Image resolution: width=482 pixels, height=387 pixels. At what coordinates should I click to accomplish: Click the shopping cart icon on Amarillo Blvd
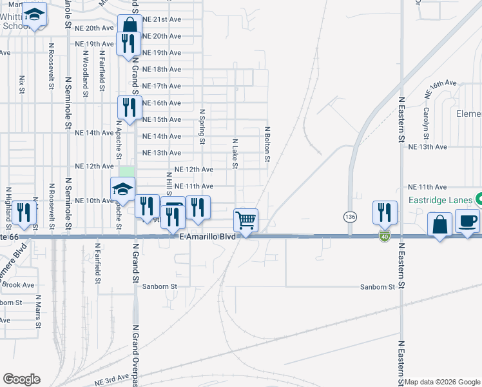246,220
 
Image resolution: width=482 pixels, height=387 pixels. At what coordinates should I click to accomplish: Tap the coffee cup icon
468,221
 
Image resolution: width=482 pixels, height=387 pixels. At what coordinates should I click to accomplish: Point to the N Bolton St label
267,144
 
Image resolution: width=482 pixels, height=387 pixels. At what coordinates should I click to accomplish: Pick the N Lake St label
235,154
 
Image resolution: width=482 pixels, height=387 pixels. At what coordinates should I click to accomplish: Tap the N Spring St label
202,126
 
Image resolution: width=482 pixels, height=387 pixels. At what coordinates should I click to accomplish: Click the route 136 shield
349,215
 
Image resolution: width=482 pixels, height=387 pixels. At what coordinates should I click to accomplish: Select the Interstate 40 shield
384,237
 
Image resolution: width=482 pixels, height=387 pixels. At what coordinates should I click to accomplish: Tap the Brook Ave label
19,284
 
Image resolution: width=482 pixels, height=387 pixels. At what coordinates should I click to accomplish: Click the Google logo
21,379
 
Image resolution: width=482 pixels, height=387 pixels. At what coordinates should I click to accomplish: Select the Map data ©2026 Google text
442,382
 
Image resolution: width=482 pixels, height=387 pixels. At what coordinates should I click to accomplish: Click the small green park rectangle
127,172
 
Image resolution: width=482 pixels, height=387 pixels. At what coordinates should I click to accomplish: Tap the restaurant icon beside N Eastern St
385,212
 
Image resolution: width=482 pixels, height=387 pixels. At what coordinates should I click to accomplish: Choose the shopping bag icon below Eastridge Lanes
439,225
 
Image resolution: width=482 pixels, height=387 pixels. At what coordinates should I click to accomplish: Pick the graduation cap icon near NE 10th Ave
122,188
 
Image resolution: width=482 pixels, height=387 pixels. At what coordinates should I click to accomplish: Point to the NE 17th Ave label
161,86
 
